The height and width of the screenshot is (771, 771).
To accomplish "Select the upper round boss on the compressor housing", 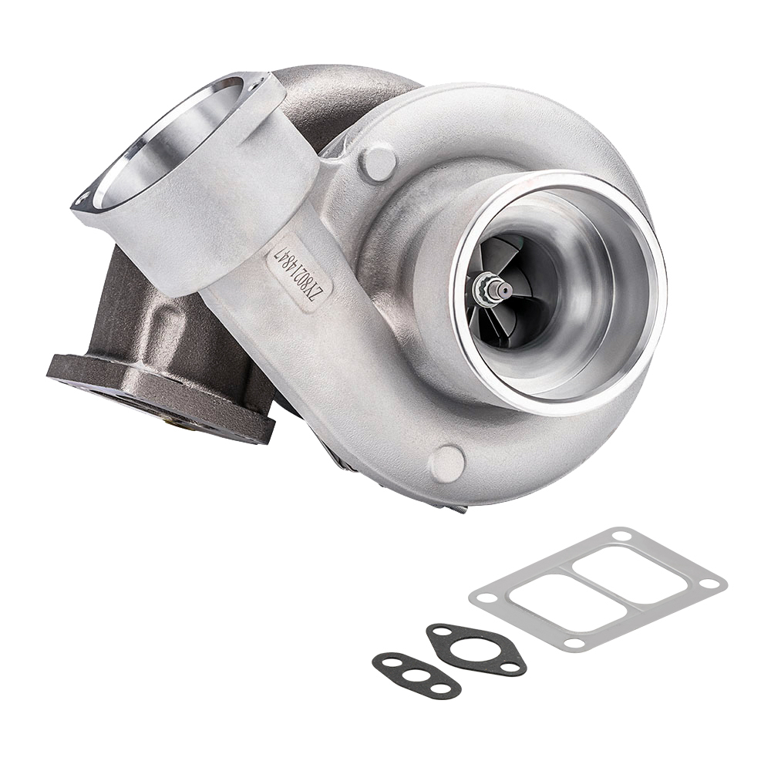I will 379,163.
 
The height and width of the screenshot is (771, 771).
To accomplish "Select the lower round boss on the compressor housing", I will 447,463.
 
